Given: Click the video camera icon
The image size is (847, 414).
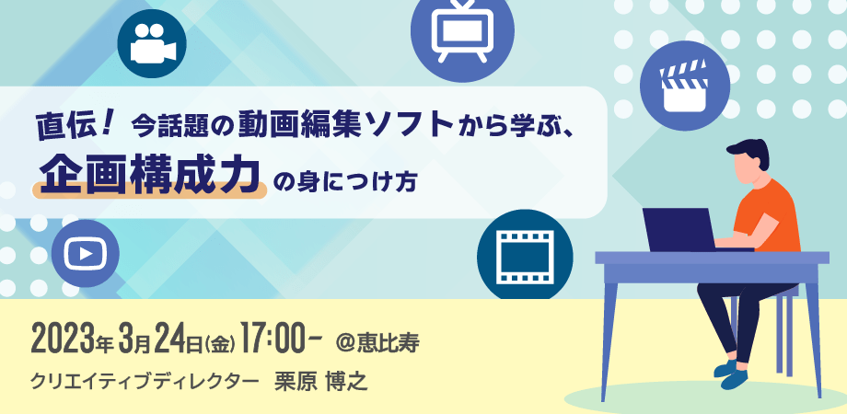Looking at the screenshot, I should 152,43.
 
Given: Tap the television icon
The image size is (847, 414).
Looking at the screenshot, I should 462,35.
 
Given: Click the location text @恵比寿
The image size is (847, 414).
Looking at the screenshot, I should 377,340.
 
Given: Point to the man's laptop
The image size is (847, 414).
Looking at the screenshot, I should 681,230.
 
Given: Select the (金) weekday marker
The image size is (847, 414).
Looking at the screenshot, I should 217,341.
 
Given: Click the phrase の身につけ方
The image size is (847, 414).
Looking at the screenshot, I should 346,178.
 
